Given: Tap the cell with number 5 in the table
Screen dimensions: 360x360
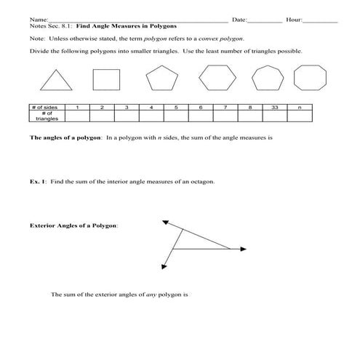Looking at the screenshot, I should pos(176,107).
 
